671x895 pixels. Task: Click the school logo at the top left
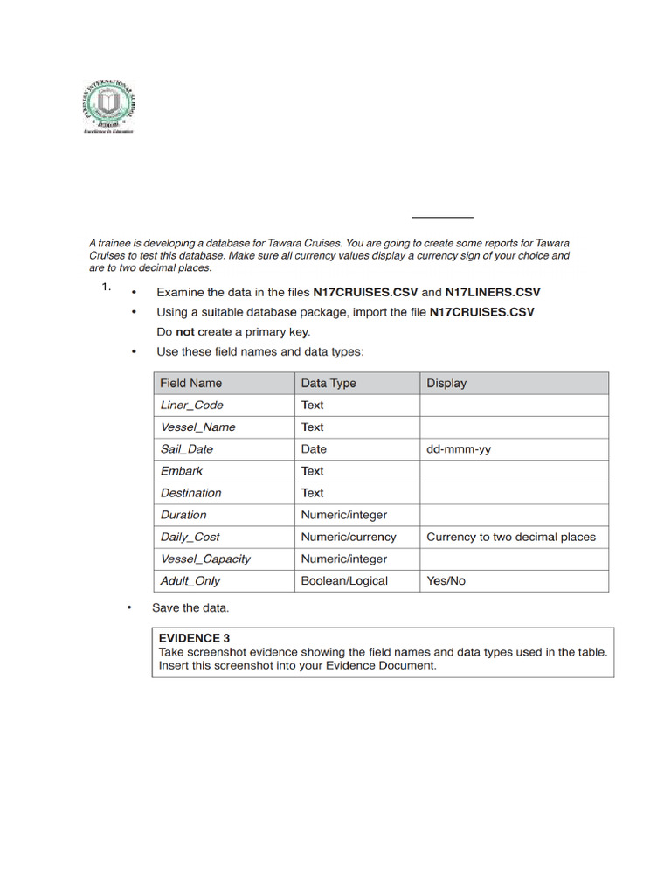click(x=108, y=106)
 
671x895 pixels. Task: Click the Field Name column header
click(x=191, y=383)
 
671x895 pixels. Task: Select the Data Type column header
click(x=329, y=383)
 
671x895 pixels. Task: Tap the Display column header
click(x=446, y=383)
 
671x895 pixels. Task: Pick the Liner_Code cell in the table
click(x=191, y=405)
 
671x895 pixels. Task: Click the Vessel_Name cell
click(x=197, y=427)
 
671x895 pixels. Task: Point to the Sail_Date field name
click(x=187, y=449)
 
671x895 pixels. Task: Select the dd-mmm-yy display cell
click(x=459, y=449)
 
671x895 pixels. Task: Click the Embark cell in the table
click(x=181, y=471)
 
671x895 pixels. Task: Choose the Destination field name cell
click(x=191, y=493)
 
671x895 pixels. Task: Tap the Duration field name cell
click(x=183, y=515)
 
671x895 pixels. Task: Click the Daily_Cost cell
click(x=190, y=537)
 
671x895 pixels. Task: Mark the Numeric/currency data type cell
click(x=349, y=537)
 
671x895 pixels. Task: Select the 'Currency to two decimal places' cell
click(x=511, y=537)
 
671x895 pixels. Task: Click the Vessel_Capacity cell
click(x=205, y=559)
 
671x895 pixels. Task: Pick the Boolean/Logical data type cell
click(x=344, y=580)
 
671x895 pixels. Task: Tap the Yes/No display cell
click(x=446, y=580)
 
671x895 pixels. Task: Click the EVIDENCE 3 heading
click(x=195, y=638)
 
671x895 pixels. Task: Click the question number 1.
click(x=106, y=287)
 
